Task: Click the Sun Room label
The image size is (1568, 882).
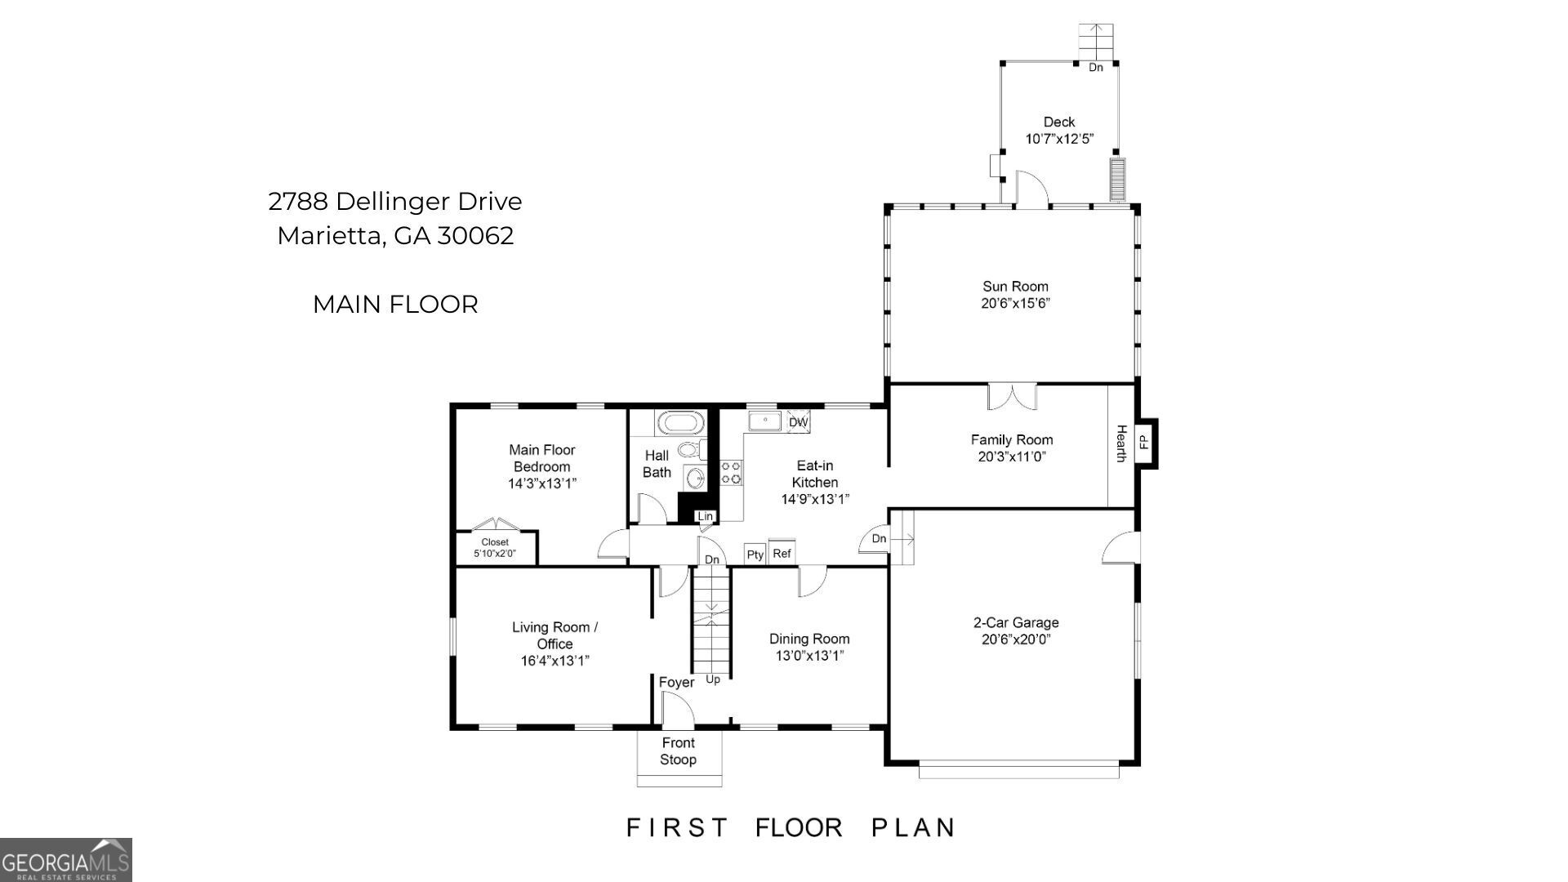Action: [x=1015, y=287]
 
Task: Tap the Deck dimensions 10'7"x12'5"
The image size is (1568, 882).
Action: [x=1059, y=139]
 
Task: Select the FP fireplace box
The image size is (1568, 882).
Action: [x=1144, y=442]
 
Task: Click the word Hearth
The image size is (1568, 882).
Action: [x=1121, y=443]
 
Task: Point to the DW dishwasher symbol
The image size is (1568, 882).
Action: [x=798, y=422]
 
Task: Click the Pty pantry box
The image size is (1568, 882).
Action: [x=755, y=555]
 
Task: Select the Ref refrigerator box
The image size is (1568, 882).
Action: [x=782, y=554]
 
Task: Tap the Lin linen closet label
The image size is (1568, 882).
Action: [x=705, y=516]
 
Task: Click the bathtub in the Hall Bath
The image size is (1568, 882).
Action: [x=680, y=423]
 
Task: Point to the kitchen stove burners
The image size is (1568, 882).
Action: [x=731, y=472]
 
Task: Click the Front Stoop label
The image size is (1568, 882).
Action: [x=678, y=751]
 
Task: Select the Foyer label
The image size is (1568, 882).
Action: [x=676, y=682]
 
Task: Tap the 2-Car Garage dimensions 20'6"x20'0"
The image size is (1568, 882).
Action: [x=1016, y=639]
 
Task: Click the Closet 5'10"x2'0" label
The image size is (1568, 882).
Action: [x=495, y=548]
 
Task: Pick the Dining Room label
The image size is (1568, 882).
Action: [x=809, y=639]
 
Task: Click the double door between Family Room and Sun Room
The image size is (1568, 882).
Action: [x=1012, y=396]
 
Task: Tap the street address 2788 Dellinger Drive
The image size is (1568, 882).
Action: [x=395, y=201]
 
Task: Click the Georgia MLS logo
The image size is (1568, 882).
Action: [x=66, y=860]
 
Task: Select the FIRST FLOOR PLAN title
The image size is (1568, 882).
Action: [x=791, y=827]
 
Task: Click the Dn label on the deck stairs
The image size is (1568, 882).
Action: [x=1095, y=68]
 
